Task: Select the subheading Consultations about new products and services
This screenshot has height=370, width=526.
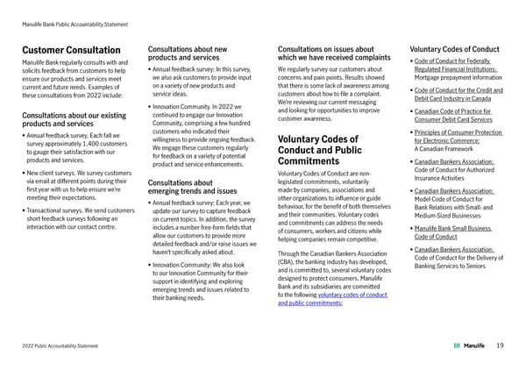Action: (189, 53)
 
